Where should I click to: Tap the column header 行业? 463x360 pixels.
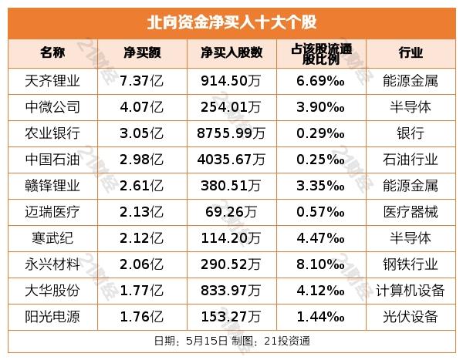(411, 53)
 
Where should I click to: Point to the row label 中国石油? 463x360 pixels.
(52, 160)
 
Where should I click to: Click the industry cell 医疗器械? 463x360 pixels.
(411, 212)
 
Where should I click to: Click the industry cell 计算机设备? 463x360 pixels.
(411, 291)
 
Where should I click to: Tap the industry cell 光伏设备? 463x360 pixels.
(411, 316)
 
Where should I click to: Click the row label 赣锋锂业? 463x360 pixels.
(52, 186)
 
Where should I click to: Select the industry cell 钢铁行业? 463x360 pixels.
(411, 264)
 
